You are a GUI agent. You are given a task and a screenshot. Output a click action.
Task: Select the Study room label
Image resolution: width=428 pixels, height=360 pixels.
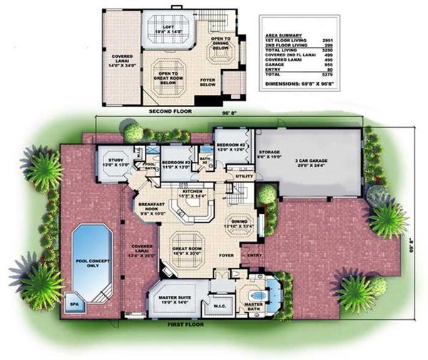click(110, 160)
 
